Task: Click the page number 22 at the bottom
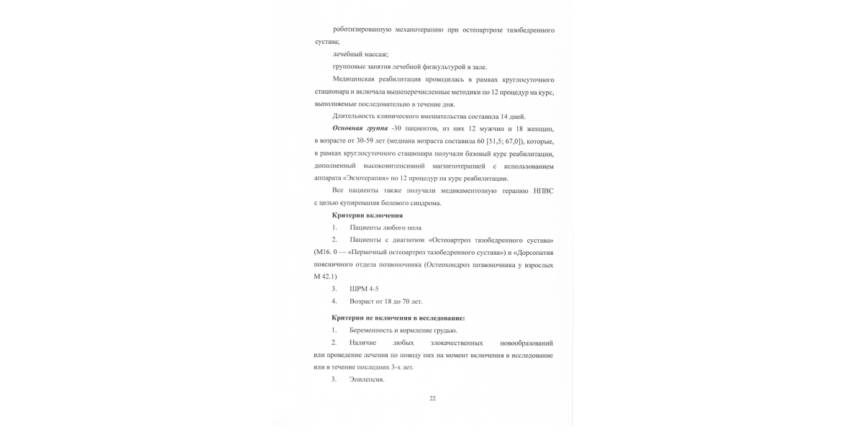click(x=432, y=398)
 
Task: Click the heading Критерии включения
click(x=367, y=215)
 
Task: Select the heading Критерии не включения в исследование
click(x=398, y=318)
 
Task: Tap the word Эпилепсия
click(x=367, y=379)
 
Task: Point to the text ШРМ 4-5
click(x=364, y=289)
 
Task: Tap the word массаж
click(x=375, y=54)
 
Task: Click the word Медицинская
click(x=356, y=79)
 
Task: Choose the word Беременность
click(x=372, y=330)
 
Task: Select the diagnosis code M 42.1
click(x=325, y=276)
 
